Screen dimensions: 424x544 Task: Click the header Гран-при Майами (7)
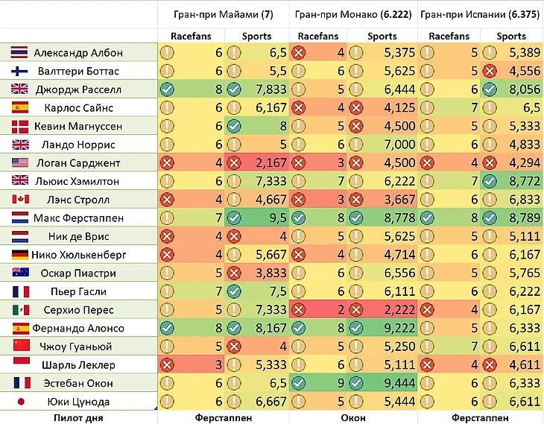223,13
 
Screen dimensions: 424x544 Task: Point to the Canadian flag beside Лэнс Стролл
20,200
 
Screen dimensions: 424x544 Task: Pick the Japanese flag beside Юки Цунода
20,402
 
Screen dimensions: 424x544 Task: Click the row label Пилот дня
78,418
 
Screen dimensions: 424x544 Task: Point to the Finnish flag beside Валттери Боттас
20,72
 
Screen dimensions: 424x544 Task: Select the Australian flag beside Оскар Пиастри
20,273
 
